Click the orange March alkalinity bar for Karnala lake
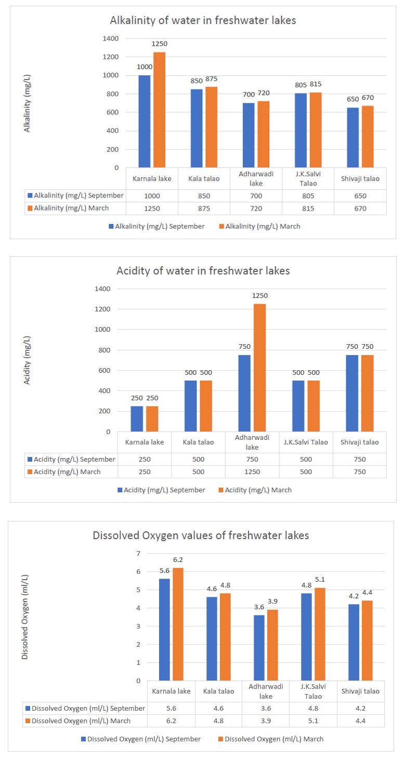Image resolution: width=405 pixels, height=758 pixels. point(160,110)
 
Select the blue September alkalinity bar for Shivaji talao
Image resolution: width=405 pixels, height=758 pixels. point(352,137)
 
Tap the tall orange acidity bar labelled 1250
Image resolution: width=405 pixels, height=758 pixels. point(259,368)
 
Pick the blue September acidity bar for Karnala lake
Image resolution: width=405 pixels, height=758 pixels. point(137,419)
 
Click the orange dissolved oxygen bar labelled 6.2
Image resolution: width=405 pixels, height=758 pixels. point(178,624)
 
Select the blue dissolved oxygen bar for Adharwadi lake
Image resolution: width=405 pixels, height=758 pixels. point(259,648)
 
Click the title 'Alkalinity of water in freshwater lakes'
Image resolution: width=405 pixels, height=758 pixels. point(203,20)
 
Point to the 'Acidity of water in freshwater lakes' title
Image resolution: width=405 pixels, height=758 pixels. point(203,271)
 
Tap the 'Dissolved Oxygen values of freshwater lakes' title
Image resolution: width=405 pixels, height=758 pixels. point(201,535)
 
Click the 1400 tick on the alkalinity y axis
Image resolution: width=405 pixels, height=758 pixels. point(111,38)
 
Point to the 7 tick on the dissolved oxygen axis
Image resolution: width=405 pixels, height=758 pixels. point(138,554)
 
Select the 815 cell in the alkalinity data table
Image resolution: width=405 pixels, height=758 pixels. point(308,208)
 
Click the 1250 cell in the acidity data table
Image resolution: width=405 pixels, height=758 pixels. point(252,472)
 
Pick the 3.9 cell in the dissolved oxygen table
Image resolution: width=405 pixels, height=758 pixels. point(266,721)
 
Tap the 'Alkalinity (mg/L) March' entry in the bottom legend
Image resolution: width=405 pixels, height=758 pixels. point(259,226)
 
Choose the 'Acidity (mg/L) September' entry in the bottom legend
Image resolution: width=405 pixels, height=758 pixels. point(161,490)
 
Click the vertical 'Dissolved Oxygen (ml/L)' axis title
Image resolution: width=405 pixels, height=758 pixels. point(25,617)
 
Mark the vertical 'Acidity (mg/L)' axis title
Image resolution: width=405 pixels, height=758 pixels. point(27,360)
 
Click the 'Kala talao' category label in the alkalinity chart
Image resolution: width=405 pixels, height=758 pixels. point(204,179)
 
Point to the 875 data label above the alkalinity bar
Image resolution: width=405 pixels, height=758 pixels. point(212,79)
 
